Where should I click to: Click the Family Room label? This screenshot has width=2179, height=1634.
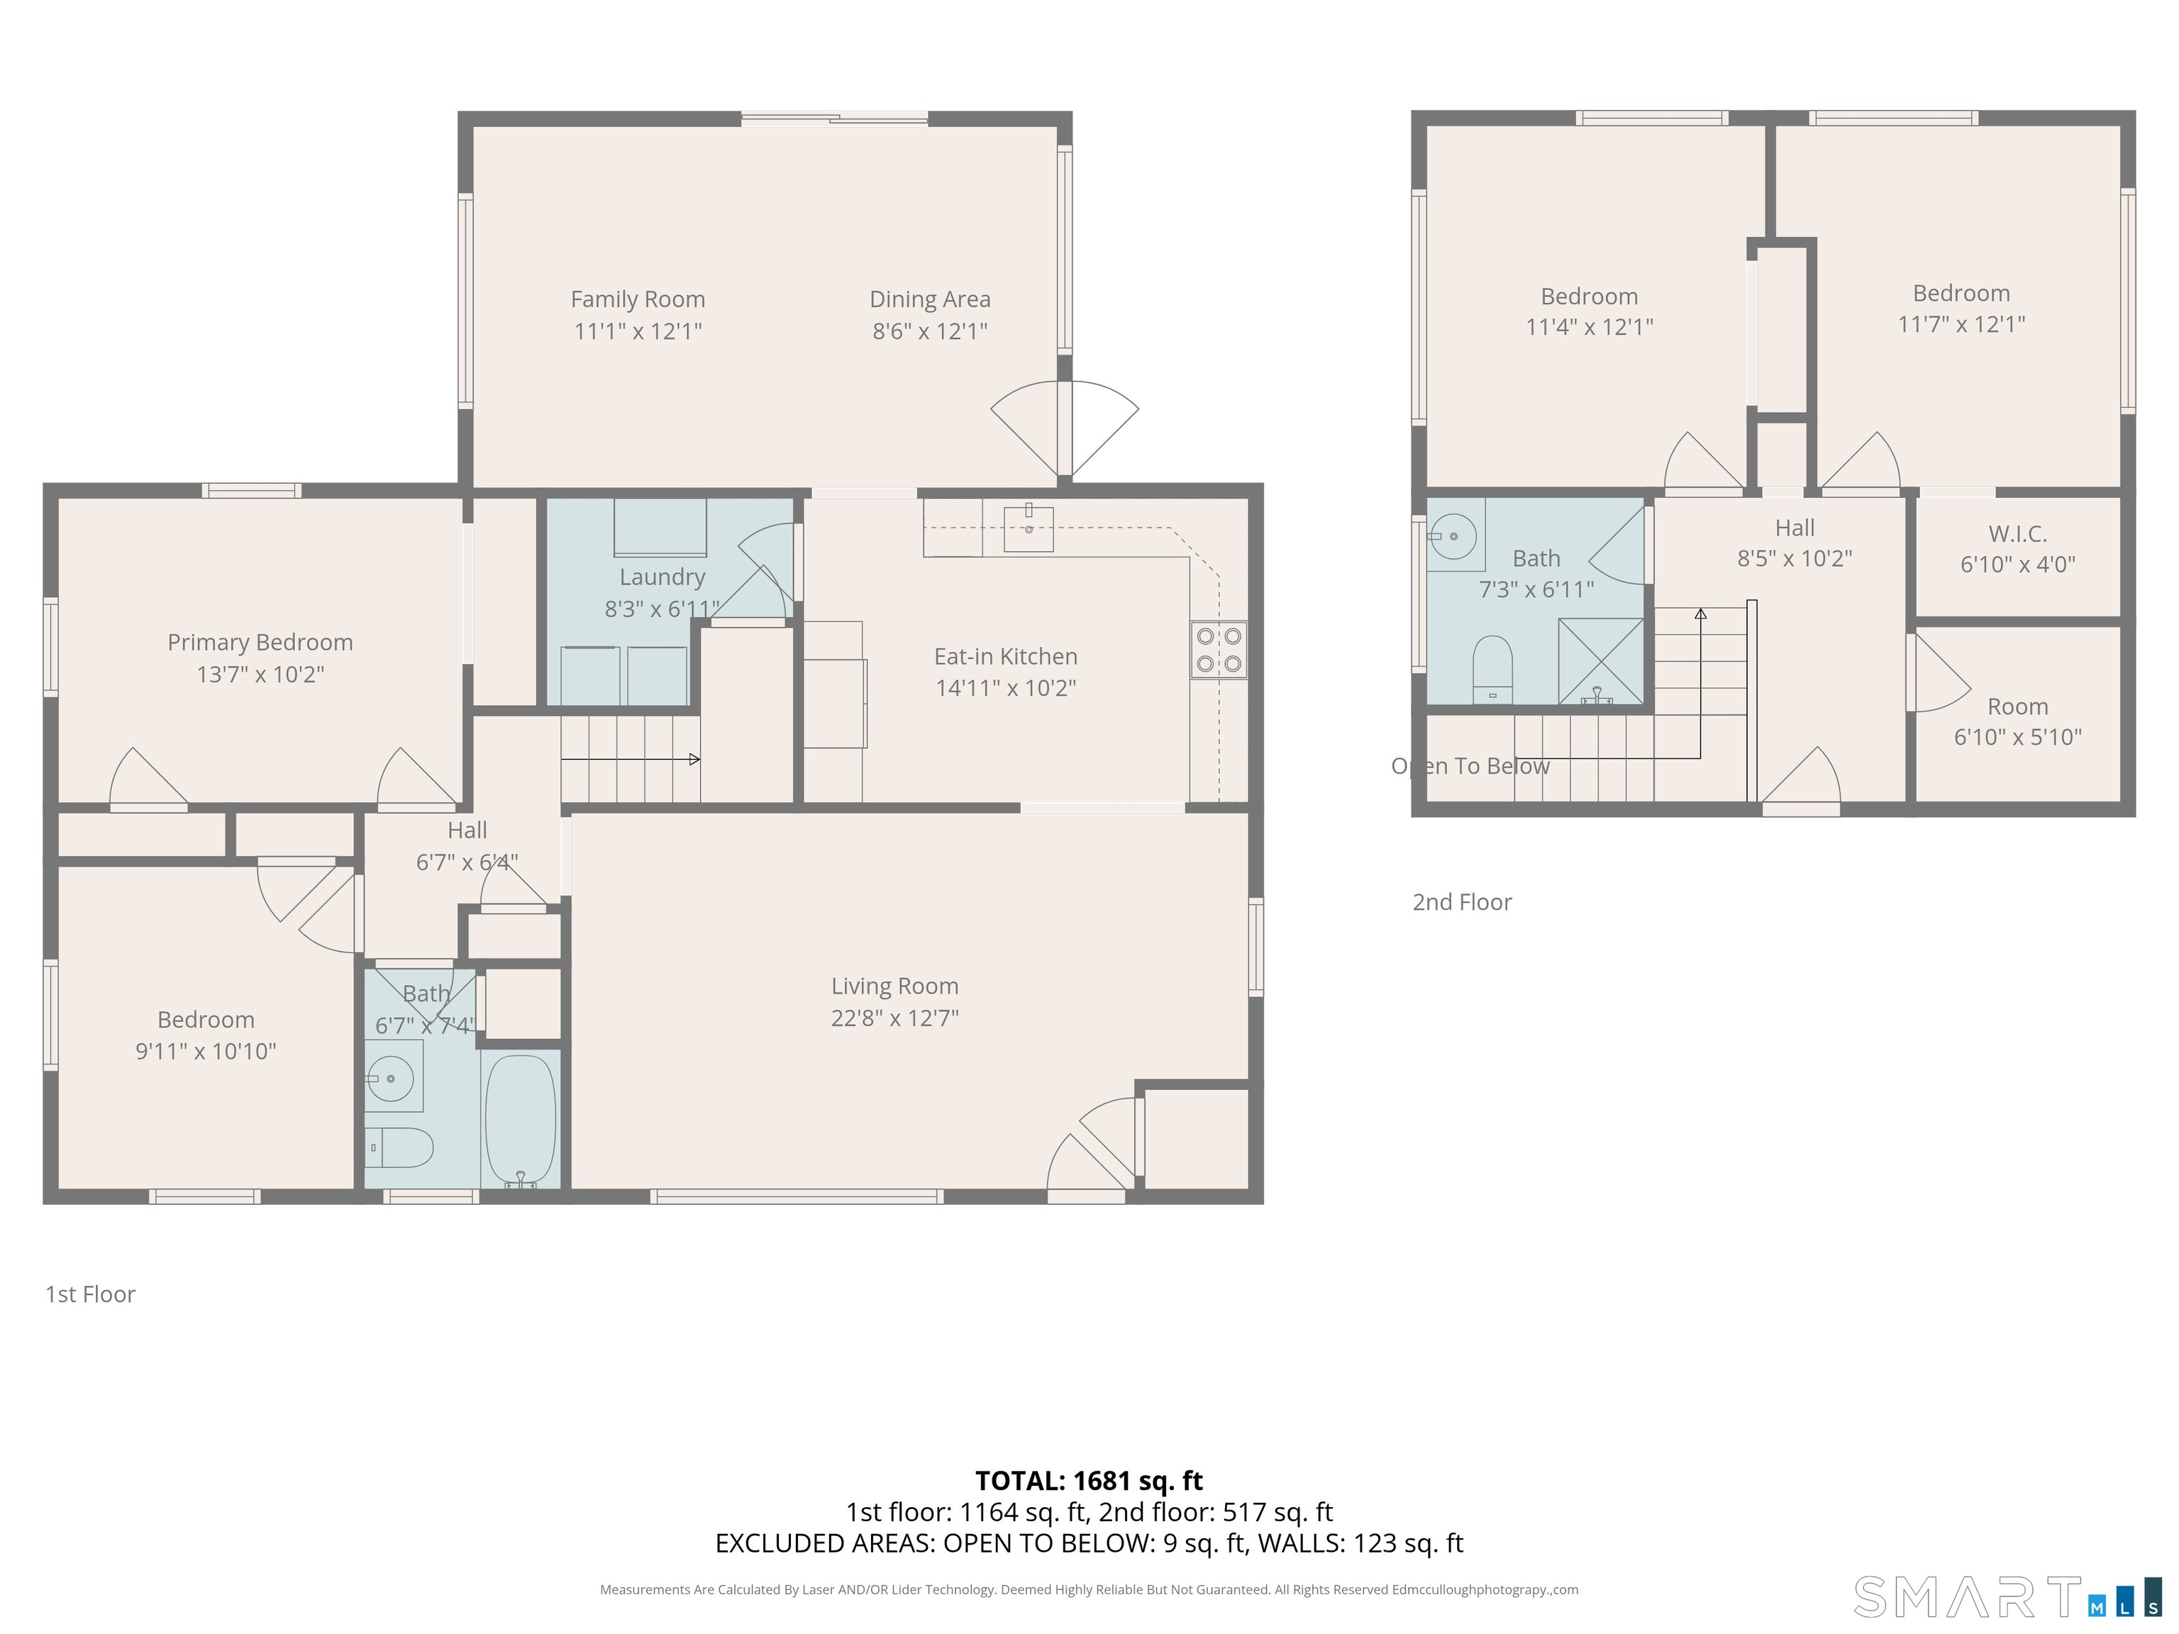pyautogui.click(x=638, y=299)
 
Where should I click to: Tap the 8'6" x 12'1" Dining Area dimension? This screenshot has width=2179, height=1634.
pyautogui.click(x=929, y=331)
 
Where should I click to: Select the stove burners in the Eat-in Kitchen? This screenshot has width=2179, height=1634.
pyautogui.click(x=1219, y=650)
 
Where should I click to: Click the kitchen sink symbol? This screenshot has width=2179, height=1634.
pyautogui.click(x=1028, y=529)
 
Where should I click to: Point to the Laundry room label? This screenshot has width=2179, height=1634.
pyautogui.click(x=662, y=577)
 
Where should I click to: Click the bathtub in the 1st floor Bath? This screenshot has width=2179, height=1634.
pyautogui.click(x=520, y=1119)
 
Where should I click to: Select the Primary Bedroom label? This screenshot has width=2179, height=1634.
pyautogui.click(x=260, y=642)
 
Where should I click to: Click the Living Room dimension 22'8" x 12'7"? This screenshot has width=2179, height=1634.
pyautogui.click(x=894, y=1018)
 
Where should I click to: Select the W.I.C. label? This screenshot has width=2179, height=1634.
pyautogui.click(x=2017, y=534)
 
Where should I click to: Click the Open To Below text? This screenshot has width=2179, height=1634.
pyautogui.click(x=1470, y=766)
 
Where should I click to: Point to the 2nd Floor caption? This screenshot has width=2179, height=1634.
pyautogui.click(x=1462, y=902)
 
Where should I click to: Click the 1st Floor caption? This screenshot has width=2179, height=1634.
pyautogui.click(x=91, y=1294)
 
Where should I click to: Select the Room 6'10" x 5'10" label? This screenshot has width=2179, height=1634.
pyautogui.click(x=2017, y=721)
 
